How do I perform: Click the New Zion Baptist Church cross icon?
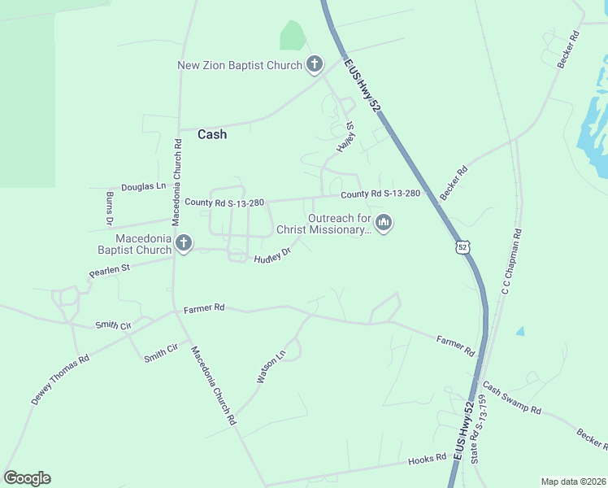coord(315,65)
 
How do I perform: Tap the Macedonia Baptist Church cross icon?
coord(184,243)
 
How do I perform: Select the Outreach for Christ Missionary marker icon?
coord(384,222)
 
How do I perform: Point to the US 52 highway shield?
coord(463,246)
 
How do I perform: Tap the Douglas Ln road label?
coord(143,186)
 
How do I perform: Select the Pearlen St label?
coord(110,268)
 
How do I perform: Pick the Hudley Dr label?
coord(271,256)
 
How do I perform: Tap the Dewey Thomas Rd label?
coord(59,381)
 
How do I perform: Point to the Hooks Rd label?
coord(428,459)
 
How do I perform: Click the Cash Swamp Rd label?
coord(511,399)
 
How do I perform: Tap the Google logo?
coord(27,478)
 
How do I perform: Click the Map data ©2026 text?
coord(573,481)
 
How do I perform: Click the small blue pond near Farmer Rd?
coord(519,331)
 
